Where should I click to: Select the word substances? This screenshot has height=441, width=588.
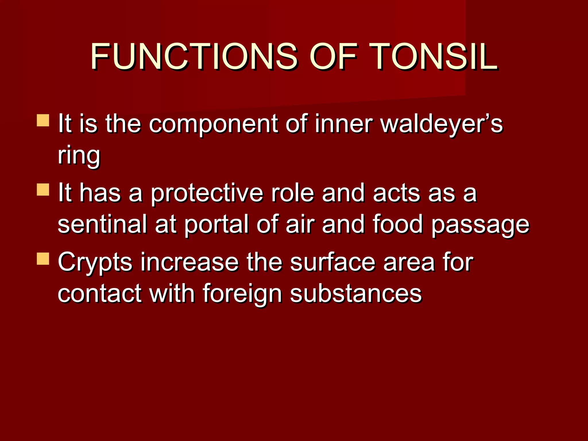click(x=355, y=293)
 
